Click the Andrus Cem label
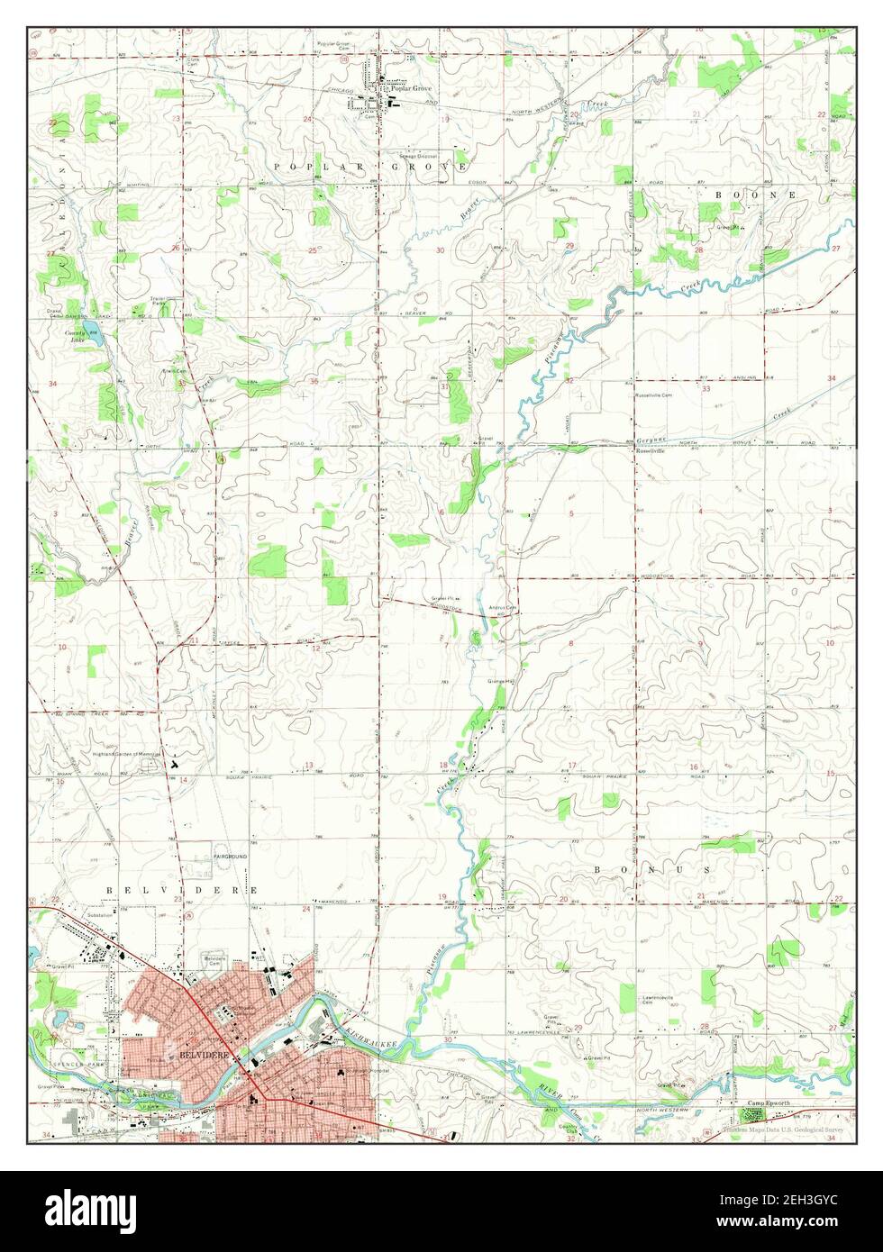(501, 607)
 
